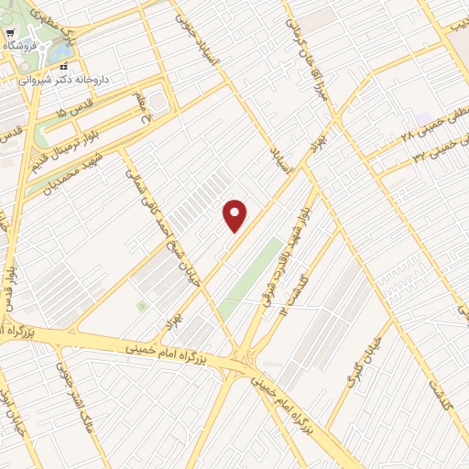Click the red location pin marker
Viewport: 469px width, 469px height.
pyautogui.click(x=235, y=215)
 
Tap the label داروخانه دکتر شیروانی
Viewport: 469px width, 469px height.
pyautogui.click(x=66, y=80)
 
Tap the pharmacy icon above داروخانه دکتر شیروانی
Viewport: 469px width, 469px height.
pyautogui.click(x=63, y=66)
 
